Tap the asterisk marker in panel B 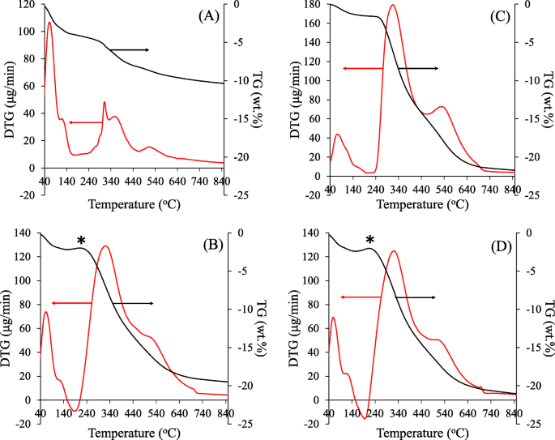pos(81,241)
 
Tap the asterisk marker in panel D pos(369,241)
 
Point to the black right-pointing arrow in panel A pos(130,50)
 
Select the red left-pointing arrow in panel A pos(85,122)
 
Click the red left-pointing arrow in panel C pos(361,69)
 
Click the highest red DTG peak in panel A pos(49,23)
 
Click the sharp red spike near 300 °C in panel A pos(105,102)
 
